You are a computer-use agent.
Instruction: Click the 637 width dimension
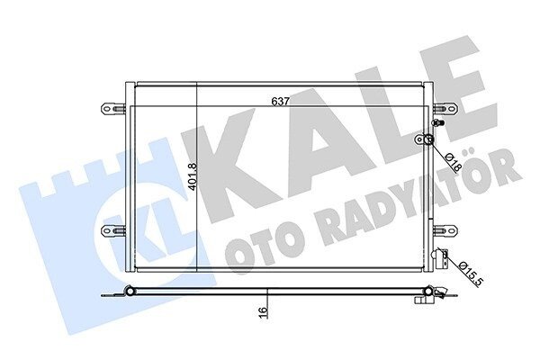click(x=280, y=102)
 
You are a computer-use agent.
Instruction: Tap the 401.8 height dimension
click(x=193, y=176)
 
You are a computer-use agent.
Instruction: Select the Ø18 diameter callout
click(x=454, y=162)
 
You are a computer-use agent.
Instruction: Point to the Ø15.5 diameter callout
click(x=471, y=274)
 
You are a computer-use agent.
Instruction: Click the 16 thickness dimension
click(x=263, y=310)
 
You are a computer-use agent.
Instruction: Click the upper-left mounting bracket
click(x=113, y=109)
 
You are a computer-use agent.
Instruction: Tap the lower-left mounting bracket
click(x=113, y=230)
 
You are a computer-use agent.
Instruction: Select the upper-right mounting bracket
click(x=445, y=109)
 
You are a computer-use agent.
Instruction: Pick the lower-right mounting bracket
click(x=445, y=230)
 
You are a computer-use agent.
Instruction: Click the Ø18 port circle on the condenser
click(x=428, y=139)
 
